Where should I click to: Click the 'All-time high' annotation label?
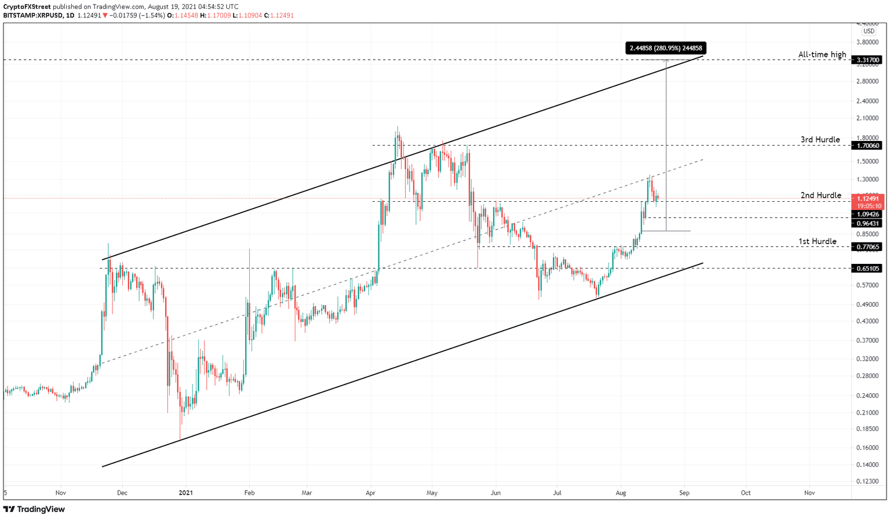822,55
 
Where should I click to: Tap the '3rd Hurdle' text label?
820,140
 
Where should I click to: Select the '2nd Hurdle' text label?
820,195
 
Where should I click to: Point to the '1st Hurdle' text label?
817,241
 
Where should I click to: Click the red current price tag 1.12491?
867,199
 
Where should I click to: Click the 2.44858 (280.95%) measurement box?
666,48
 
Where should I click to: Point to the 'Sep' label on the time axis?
684,493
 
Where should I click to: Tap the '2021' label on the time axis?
185,493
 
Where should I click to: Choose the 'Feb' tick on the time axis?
249,493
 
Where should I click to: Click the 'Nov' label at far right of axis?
809,493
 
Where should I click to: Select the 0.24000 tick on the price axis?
867,396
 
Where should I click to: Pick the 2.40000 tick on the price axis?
867,101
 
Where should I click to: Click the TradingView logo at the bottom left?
34,509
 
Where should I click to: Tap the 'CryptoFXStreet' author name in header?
27,6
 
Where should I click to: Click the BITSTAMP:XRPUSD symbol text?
32,16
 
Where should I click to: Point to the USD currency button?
869,31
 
